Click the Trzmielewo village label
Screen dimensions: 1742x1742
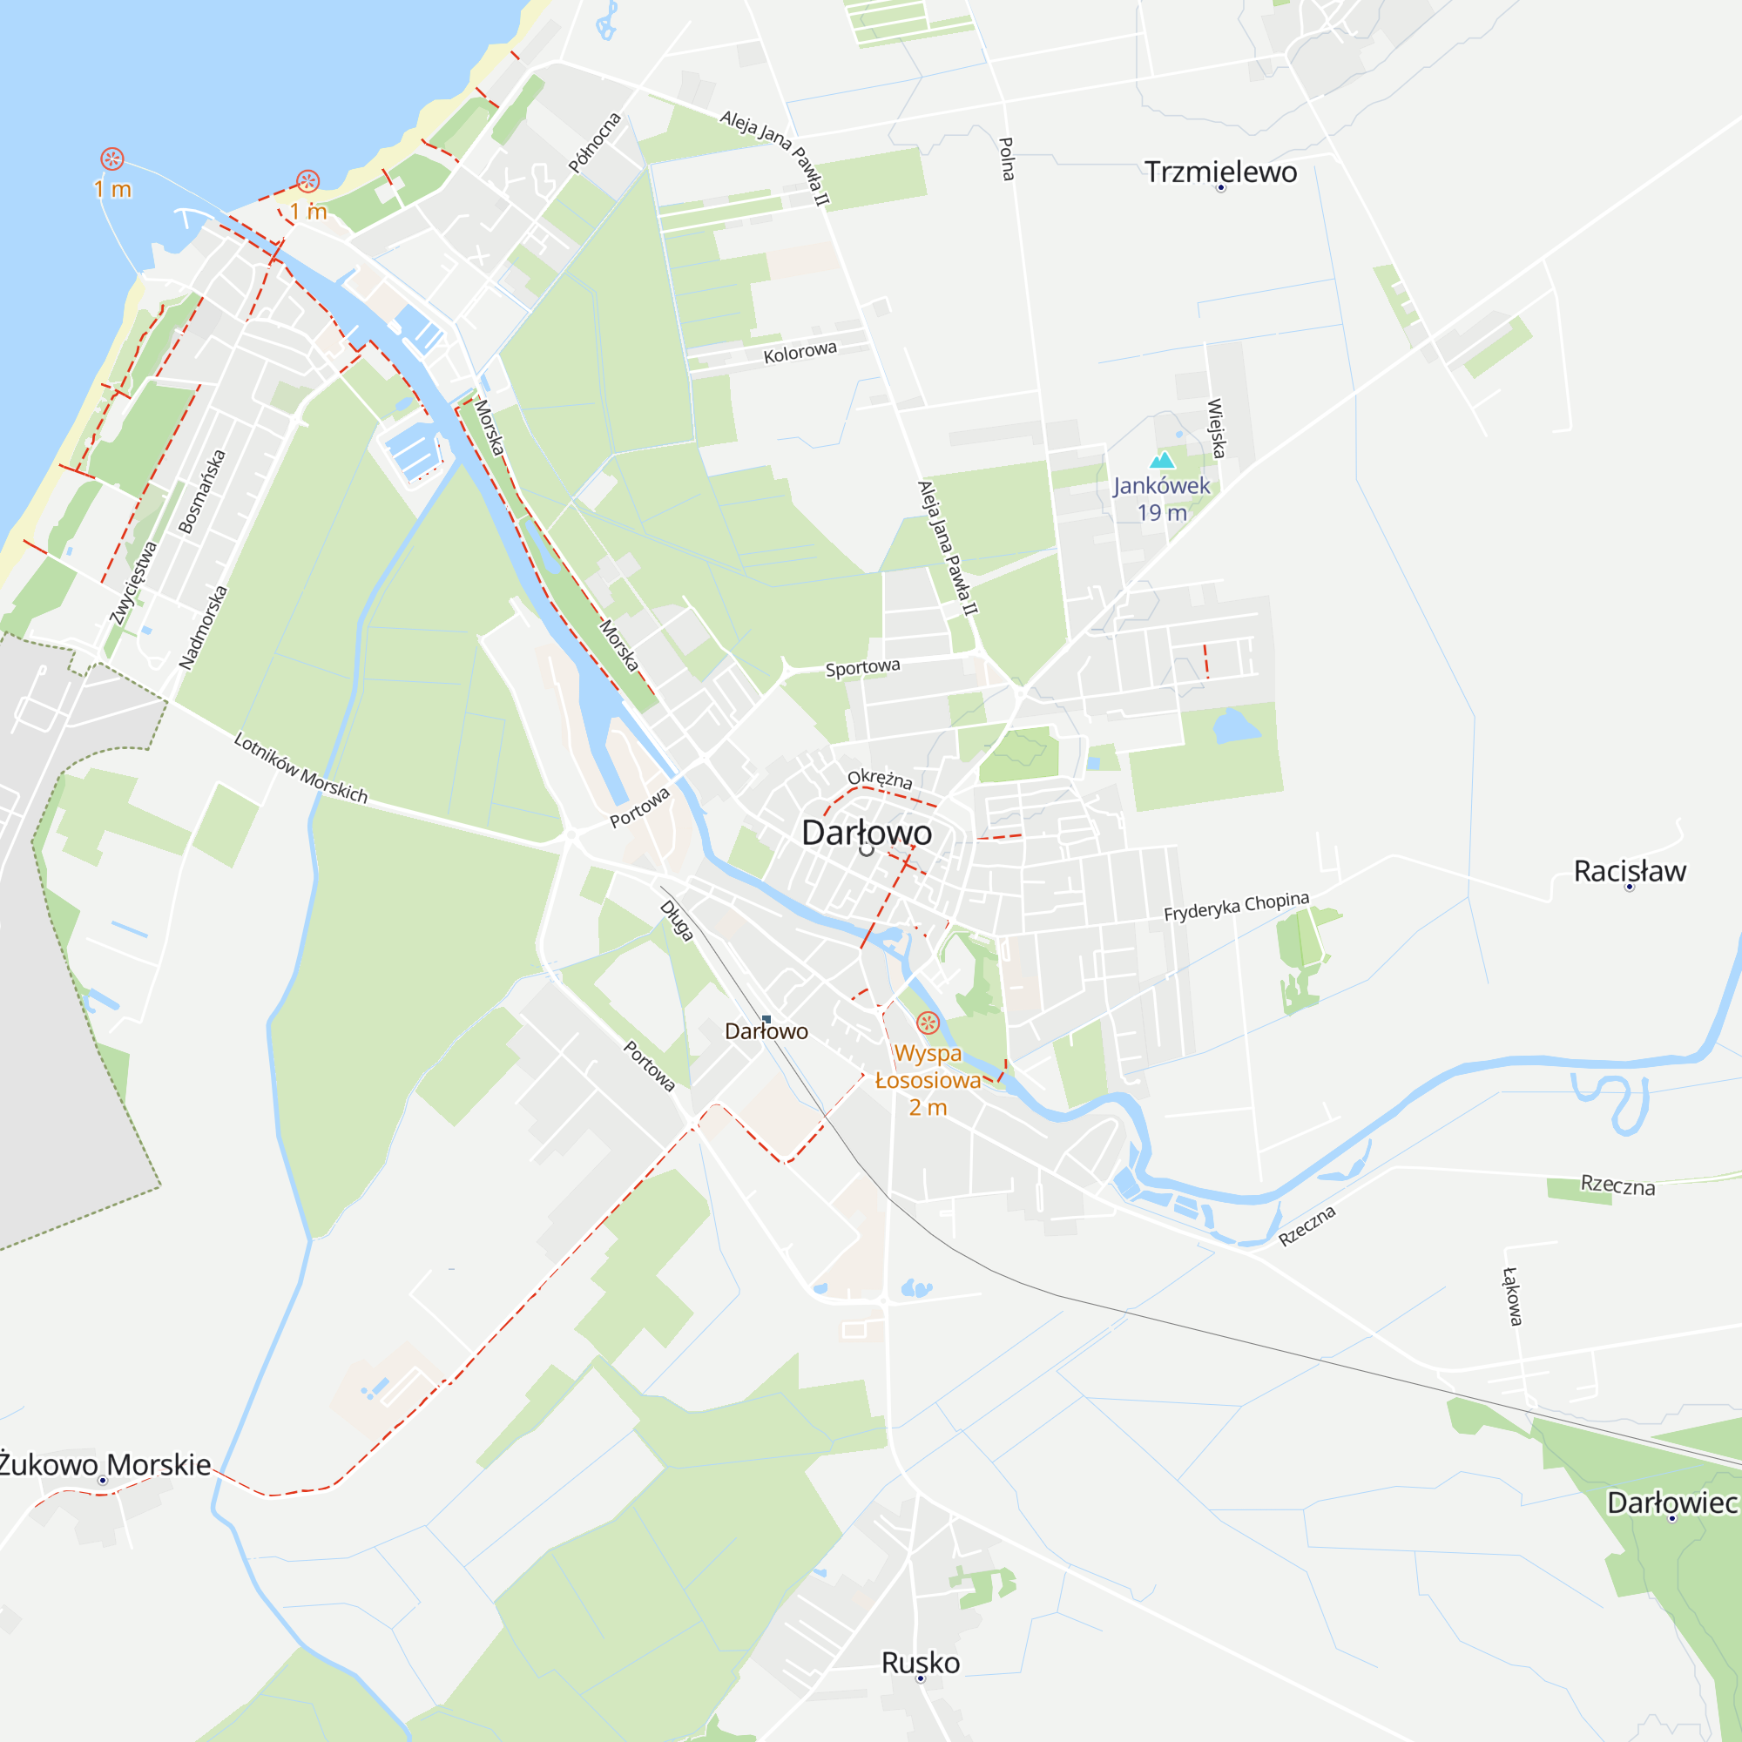pyautogui.click(x=1220, y=172)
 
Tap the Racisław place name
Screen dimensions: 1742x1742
pyautogui.click(x=1630, y=871)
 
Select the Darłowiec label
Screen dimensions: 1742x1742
pyautogui.click(x=1671, y=1502)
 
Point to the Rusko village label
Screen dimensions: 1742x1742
pyautogui.click(x=920, y=1662)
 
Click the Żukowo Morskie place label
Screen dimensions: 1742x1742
pyautogui.click(x=105, y=1464)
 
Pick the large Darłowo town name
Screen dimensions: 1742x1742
pyautogui.click(x=867, y=832)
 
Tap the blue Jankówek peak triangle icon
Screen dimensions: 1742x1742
pyautogui.click(x=1162, y=460)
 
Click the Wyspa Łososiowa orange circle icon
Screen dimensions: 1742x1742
pyautogui.click(x=928, y=1023)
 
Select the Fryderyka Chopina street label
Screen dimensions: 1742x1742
pyautogui.click(x=1235, y=906)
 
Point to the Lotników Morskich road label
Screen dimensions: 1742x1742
pyautogui.click(x=300, y=767)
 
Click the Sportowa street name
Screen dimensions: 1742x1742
pyautogui.click(x=863, y=667)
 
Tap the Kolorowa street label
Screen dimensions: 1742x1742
pyautogui.click(x=800, y=352)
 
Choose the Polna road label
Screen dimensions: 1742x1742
pyautogui.click(x=1007, y=159)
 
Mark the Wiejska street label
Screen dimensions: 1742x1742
pyautogui.click(x=1216, y=429)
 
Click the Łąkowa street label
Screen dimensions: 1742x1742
pyautogui.click(x=1512, y=1296)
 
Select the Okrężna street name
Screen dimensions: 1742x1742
pyautogui.click(x=880, y=778)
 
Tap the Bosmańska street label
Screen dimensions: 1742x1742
pyautogui.click(x=202, y=491)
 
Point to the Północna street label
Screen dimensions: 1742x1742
pyautogui.click(x=594, y=143)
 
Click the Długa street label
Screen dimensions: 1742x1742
pyautogui.click(x=676, y=921)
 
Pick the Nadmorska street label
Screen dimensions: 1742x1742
pyautogui.click(x=203, y=627)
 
